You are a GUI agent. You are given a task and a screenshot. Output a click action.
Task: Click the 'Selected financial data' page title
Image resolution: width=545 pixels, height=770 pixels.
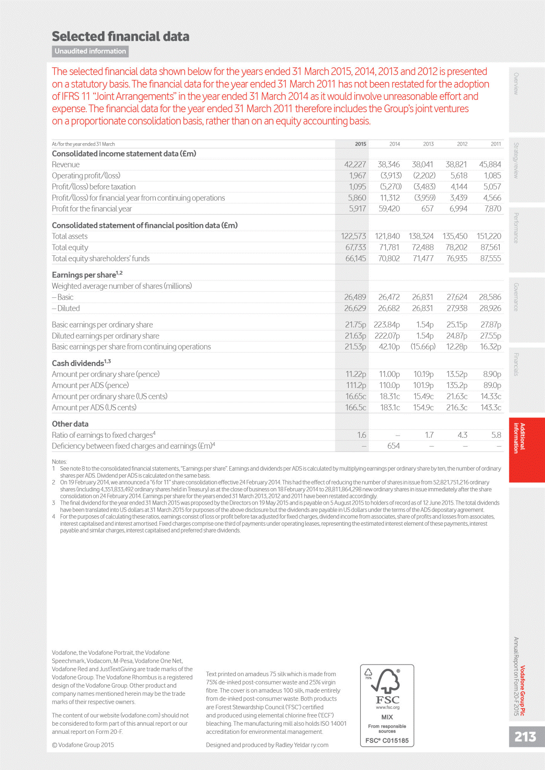click(120, 36)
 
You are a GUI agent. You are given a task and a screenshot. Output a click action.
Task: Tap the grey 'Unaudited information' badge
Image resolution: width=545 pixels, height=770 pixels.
click(90, 51)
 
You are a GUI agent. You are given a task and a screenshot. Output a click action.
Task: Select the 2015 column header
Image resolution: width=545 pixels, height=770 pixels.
click(360, 144)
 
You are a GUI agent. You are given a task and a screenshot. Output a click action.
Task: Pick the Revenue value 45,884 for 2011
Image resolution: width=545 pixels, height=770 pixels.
click(490, 164)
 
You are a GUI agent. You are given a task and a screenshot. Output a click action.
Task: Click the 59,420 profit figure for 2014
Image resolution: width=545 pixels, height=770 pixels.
click(389, 209)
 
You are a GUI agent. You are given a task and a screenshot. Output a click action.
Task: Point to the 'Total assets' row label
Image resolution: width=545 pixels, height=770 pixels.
click(70, 236)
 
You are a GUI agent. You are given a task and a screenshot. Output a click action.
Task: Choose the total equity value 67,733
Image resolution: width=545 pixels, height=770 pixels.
click(355, 247)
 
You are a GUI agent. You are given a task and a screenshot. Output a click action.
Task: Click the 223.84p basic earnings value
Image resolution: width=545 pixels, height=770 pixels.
click(387, 324)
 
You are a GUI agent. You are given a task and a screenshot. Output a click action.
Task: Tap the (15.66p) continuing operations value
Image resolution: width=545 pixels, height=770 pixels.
click(422, 347)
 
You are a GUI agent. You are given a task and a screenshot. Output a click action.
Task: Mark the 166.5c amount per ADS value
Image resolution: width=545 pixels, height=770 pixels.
click(356, 407)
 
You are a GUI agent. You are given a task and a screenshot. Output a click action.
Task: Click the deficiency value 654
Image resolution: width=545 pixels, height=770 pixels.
click(393, 446)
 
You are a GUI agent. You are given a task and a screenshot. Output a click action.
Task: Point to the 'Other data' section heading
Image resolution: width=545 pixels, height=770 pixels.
click(70, 424)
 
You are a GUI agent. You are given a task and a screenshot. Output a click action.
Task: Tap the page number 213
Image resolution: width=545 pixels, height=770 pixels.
click(525, 737)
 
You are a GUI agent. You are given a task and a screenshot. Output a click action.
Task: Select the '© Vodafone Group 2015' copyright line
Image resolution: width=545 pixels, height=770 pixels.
click(83, 745)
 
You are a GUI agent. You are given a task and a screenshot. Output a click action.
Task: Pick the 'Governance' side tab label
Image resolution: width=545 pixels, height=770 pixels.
click(516, 297)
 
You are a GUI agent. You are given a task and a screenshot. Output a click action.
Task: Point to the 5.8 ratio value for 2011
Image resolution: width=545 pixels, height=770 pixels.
click(496, 435)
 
